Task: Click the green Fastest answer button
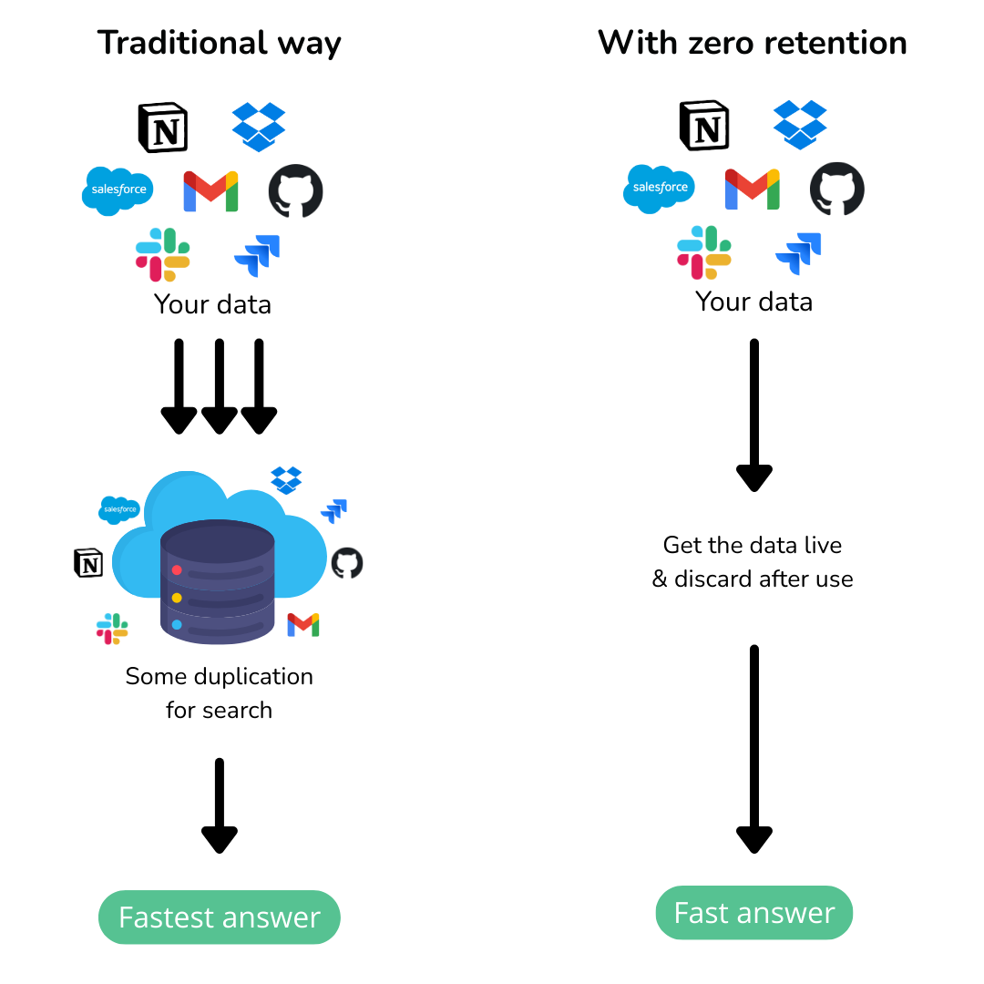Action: pyautogui.click(x=219, y=917)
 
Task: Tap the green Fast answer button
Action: pyautogui.click(x=753, y=912)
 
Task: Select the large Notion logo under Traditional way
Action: pyautogui.click(x=162, y=128)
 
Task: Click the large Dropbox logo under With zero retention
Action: pyautogui.click(x=800, y=125)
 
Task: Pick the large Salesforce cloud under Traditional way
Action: pyautogui.click(x=118, y=190)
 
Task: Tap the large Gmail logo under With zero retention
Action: pyautogui.click(x=752, y=190)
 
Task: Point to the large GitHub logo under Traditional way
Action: pyautogui.click(x=295, y=191)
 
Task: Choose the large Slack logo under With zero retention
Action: pyautogui.click(x=703, y=252)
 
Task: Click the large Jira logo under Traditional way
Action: pyautogui.click(x=257, y=255)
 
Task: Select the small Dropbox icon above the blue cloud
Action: pyautogui.click(x=286, y=479)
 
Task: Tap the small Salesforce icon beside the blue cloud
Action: pyautogui.click(x=119, y=509)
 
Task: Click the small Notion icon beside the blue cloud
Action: pyautogui.click(x=88, y=563)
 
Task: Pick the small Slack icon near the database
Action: pyautogui.click(x=112, y=628)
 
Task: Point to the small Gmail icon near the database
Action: pyautogui.click(x=303, y=624)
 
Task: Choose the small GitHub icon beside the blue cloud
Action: pyautogui.click(x=346, y=563)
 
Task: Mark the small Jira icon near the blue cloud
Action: pyautogui.click(x=334, y=510)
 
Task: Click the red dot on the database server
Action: pyautogui.click(x=177, y=570)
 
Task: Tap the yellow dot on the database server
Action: pyautogui.click(x=177, y=598)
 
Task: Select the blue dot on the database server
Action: pyautogui.click(x=177, y=625)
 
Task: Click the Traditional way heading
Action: pyautogui.click(x=220, y=43)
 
